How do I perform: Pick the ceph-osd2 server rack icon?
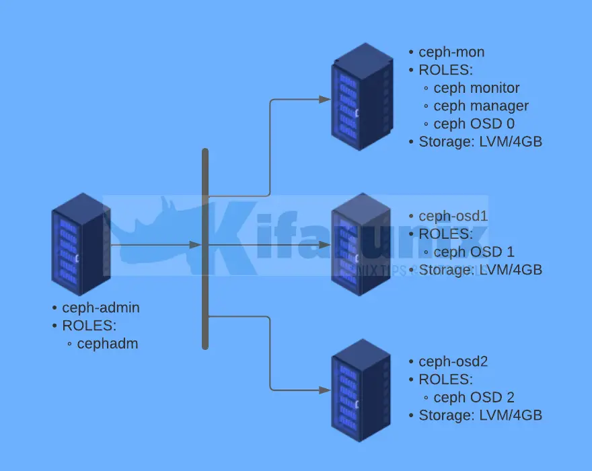pos(361,390)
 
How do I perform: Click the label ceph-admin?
pos(101,307)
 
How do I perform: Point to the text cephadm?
pos(108,344)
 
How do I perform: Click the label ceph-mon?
pos(451,52)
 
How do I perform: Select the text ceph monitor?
pos(476,88)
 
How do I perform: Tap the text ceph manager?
pos(481,106)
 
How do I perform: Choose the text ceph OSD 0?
pos(474,124)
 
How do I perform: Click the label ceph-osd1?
pos(453,216)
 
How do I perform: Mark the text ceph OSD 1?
pos(474,252)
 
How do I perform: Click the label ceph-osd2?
pos(453,361)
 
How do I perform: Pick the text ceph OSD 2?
pos(474,398)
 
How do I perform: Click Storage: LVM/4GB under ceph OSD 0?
pos(480,142)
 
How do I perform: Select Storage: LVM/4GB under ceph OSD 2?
pos(480,415)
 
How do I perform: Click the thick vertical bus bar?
pos(205,249)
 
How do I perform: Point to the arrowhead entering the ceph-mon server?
pos(325,99)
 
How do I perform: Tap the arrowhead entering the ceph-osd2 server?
pos(325,390)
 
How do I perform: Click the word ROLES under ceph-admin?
pos(89,326)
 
